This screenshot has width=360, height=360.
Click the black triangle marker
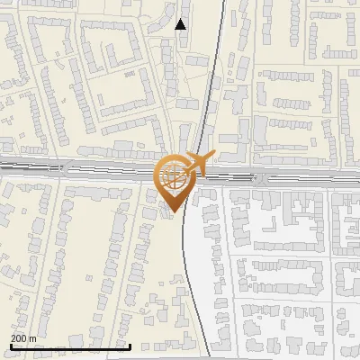[181, 24]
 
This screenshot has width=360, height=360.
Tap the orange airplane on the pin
[199, 165]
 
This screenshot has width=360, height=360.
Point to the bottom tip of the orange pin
[172, 211]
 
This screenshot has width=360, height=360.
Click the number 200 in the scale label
[19, 338]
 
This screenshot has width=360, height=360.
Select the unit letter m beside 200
[32, 338]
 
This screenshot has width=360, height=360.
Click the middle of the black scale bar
[70, 346]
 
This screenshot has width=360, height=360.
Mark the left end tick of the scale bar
[10, 346]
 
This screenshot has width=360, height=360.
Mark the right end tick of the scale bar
[130, 346]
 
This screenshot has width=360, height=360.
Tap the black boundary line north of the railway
[210, 90]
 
